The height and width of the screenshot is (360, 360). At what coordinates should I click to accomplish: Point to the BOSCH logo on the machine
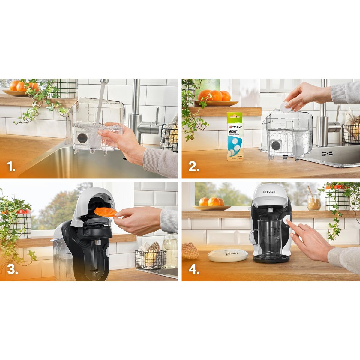click(x=269, y=192)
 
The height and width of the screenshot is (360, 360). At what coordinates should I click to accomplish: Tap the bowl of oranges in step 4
click(x=212, y=204)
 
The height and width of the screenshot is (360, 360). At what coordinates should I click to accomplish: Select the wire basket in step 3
click(x=150, y=259)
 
